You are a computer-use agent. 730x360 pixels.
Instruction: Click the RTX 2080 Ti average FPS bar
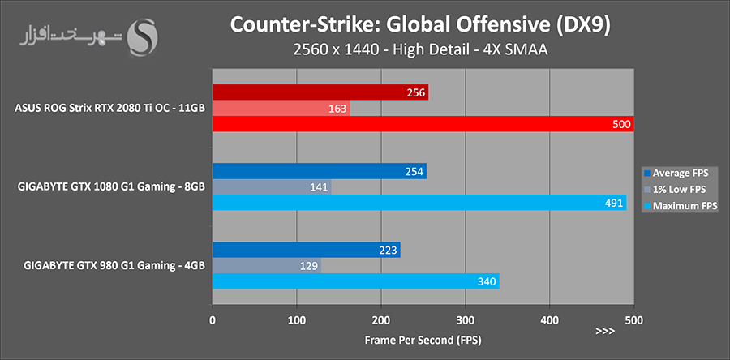[320, 92]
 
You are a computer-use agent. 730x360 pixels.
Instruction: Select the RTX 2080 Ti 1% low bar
[281, 108]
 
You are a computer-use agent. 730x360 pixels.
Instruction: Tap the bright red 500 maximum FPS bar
[422, 124]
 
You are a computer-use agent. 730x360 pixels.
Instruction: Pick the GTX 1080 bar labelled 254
[319, 171]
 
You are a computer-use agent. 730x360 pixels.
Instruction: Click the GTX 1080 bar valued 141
[272, 187]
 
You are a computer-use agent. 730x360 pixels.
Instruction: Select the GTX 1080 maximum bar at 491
[419, 203]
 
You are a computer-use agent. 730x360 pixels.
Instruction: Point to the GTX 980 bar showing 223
[306, 250]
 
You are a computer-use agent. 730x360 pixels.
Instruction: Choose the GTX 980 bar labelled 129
[266, 266]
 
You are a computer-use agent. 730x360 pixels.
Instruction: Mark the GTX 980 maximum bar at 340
[355, 281]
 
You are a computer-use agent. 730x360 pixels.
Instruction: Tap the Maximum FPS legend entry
[680, 206]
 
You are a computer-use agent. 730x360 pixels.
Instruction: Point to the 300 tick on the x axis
[466, 319]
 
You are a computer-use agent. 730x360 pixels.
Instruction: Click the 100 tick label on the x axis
[297, 319]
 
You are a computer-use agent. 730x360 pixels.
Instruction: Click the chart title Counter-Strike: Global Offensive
[422, 25]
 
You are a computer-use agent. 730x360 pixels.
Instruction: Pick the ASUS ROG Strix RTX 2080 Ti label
[109, 108]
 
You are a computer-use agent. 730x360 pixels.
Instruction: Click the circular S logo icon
[144, 37]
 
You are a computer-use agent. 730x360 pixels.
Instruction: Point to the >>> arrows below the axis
[606, 332]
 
